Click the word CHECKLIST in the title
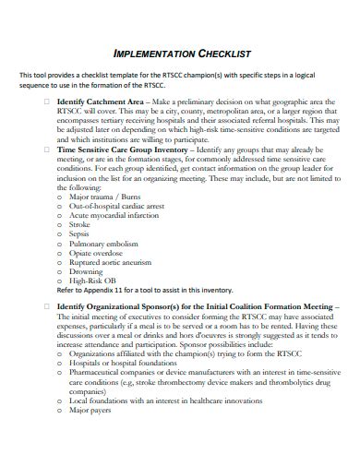222,54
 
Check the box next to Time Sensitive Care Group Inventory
48,148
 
